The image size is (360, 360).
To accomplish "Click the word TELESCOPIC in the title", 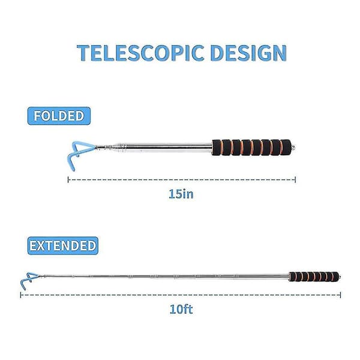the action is pos(140,53).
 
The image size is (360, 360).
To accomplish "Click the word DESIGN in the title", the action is pos(248,53).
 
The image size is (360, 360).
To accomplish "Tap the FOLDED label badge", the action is pos(59,116).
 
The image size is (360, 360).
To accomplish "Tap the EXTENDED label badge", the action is pos(63,245).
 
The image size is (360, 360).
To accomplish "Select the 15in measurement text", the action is pos(181,194).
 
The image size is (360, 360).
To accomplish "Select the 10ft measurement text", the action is pos(181,309).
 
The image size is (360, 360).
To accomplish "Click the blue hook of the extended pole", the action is pos(29,280).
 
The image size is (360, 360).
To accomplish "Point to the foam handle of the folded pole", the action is pos(251,148).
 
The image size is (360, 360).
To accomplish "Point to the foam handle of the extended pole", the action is pos(314,277).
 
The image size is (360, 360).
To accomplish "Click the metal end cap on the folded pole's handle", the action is pos(293,147).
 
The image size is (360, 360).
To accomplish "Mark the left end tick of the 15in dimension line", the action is pos(68,179).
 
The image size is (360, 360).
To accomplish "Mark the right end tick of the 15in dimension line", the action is pos(295,179).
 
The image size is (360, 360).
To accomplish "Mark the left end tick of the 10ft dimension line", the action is pos(20,295).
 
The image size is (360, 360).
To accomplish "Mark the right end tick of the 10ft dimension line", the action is pos(340,295).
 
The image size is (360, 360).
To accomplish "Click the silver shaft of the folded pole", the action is pos(169,147).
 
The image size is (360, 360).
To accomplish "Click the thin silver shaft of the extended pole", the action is pos(164,276).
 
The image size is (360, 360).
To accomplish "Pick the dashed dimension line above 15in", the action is pos(182,179).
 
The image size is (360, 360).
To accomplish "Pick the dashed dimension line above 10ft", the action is pos(181,295).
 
